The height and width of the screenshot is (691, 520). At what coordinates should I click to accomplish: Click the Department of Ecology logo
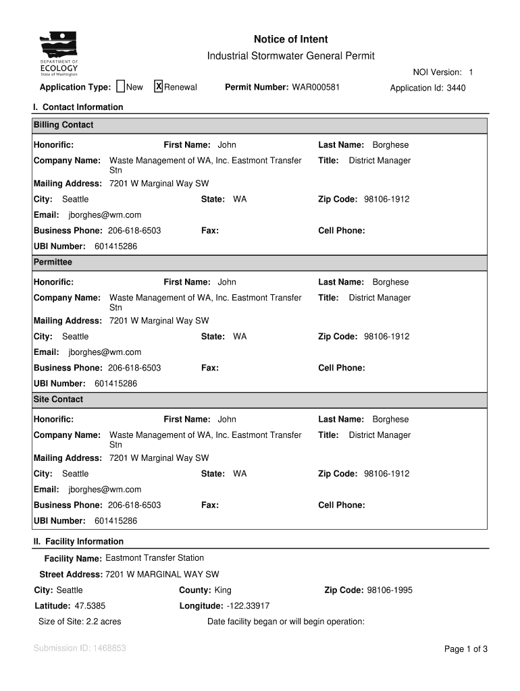pos(59,55)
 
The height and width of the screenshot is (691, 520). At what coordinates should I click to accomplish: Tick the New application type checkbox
pos(120,86)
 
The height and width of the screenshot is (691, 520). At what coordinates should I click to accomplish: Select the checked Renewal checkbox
pos(159,86)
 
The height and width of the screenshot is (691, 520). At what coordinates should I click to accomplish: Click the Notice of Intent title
pos(290,39)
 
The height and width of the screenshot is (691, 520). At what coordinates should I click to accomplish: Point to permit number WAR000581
pos(315,88)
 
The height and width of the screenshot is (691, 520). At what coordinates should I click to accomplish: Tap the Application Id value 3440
pos(456,88)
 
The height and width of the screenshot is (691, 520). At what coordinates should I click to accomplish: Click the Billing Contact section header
pos(63,126)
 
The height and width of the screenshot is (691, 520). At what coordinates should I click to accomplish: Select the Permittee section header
pos(53,262)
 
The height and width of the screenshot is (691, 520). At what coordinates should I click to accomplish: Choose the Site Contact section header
pos(58,399)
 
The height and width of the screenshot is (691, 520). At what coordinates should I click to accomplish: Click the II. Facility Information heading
pos(78,542)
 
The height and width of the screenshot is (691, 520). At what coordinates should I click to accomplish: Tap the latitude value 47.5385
pos(90,606)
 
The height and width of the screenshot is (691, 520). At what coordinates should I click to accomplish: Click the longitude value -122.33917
pos(248,606)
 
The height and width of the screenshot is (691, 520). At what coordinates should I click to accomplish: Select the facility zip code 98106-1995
pos(390,590)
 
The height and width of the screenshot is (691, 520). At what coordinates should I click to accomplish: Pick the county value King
pos(223,590)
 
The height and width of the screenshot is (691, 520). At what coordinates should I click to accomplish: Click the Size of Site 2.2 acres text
pos(80,621)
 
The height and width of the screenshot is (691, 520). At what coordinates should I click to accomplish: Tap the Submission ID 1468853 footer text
pos(80,648)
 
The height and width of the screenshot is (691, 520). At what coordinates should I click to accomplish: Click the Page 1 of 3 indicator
pos(465,649)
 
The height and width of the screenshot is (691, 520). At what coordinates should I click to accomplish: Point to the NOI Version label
pos(437,72)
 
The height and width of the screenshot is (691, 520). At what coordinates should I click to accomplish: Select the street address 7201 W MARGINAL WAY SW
pos(162,574)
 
